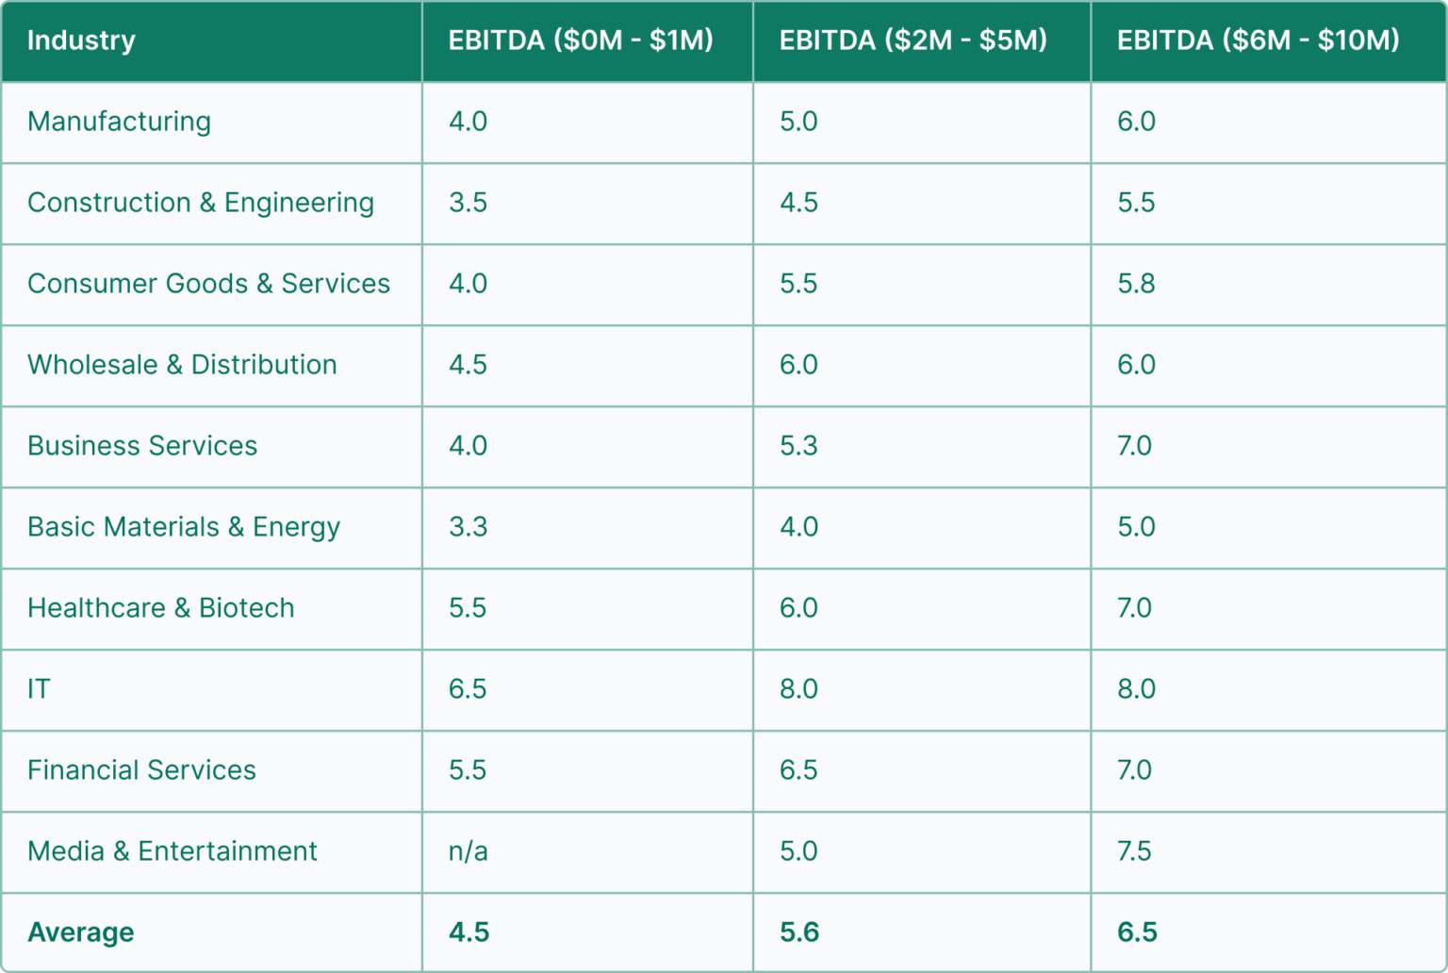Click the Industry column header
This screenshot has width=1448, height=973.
point(81,41)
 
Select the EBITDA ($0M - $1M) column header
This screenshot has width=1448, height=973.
point(581,41)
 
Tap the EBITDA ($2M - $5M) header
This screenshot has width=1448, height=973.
point(913,41)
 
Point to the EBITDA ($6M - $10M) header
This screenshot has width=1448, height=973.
point(1258,41)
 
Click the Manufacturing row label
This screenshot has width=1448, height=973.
point(119,122)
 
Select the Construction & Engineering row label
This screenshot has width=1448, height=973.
point(201,203)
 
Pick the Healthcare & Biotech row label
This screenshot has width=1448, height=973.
point(161,608)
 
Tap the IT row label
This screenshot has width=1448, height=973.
point(39,689)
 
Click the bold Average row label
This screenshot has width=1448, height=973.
point(81,932)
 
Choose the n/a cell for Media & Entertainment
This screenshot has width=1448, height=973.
point(468,851)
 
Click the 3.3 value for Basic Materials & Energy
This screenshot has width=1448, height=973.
point(468,527)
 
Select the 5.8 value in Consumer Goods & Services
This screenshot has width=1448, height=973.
point(1136,284)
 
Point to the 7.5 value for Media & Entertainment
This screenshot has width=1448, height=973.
point(1134,851)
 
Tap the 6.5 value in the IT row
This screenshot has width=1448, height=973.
point(468,689)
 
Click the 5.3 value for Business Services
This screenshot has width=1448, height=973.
point(798,446)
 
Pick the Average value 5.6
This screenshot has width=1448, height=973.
point(799,932)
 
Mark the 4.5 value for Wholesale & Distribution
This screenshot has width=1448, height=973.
point(468,365)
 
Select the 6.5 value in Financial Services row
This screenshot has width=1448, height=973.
point(798,770)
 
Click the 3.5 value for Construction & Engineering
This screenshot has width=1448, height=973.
point(468,203)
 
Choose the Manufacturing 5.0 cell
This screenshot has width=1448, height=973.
point(798,122)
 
